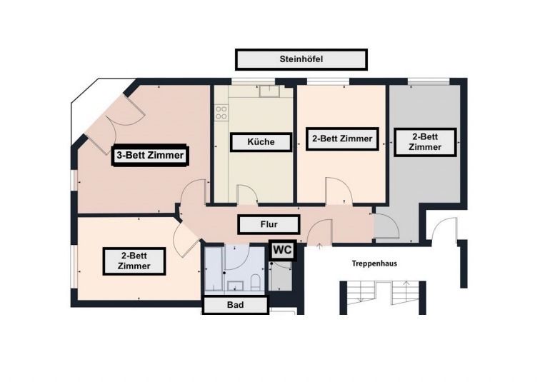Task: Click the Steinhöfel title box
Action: click(x=301, y=59)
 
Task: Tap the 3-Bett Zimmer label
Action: click(x=150, y=156)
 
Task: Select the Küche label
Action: click(x=261, y=141)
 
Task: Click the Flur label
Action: click(x=269, y=224)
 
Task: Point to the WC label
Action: click(x=283, y=250)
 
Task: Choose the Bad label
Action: click(x=235, y=305)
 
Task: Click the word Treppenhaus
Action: click(x=374, y=264)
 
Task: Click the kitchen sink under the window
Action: click(x=269, y=91)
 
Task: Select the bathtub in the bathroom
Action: click(x=214, y=269)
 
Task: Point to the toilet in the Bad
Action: click(x=256, y=283)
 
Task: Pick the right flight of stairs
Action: click(x=406, y=293)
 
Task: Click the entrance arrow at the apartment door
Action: click(x=319, y=245)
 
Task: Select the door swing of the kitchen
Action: click(x=247, y=194)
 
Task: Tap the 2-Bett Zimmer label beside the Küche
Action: click(x=341, y=139)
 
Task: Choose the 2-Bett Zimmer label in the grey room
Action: click(x=424, y=142)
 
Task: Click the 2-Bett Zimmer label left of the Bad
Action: click(x=134, y=261)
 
